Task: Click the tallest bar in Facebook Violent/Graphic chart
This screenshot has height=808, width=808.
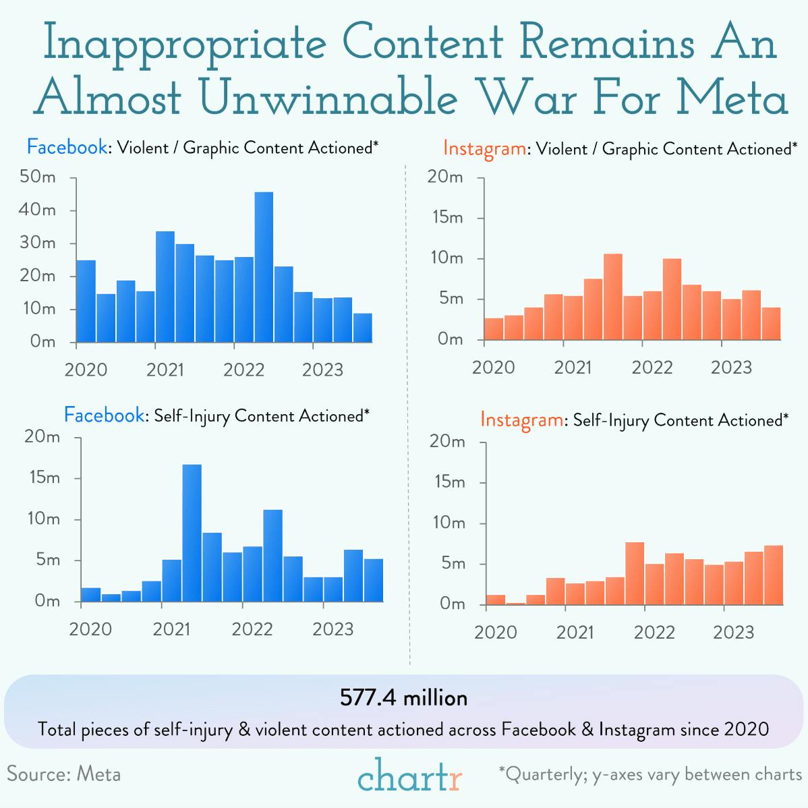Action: (x=264, y=266)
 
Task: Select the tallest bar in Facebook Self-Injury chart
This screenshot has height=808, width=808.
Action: (x=192, y=533)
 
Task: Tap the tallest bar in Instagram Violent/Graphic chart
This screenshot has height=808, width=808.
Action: (x=612, y=297)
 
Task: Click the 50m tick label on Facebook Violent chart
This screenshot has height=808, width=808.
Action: (x=38, y=177)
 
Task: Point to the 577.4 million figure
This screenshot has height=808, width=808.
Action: (x=403, y=697)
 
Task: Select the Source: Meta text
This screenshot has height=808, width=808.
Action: (x=64, y=774)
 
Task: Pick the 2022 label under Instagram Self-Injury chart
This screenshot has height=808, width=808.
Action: (x=654, y=633)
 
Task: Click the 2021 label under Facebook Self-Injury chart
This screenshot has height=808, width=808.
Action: (x=171, y=629)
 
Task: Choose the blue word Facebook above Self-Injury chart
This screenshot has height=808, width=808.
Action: (x=104, y=415)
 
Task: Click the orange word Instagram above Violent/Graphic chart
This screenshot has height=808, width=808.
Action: (x=484, y=148)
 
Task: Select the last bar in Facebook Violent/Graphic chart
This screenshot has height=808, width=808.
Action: (x=362, y=328)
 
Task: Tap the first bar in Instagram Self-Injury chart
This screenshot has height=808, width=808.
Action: (x=496, y=600)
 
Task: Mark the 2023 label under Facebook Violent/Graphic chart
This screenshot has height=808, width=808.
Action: (x=322, y=370)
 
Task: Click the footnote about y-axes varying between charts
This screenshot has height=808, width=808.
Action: (x=650, y=774)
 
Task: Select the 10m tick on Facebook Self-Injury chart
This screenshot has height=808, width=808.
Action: (x=42, y=519)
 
